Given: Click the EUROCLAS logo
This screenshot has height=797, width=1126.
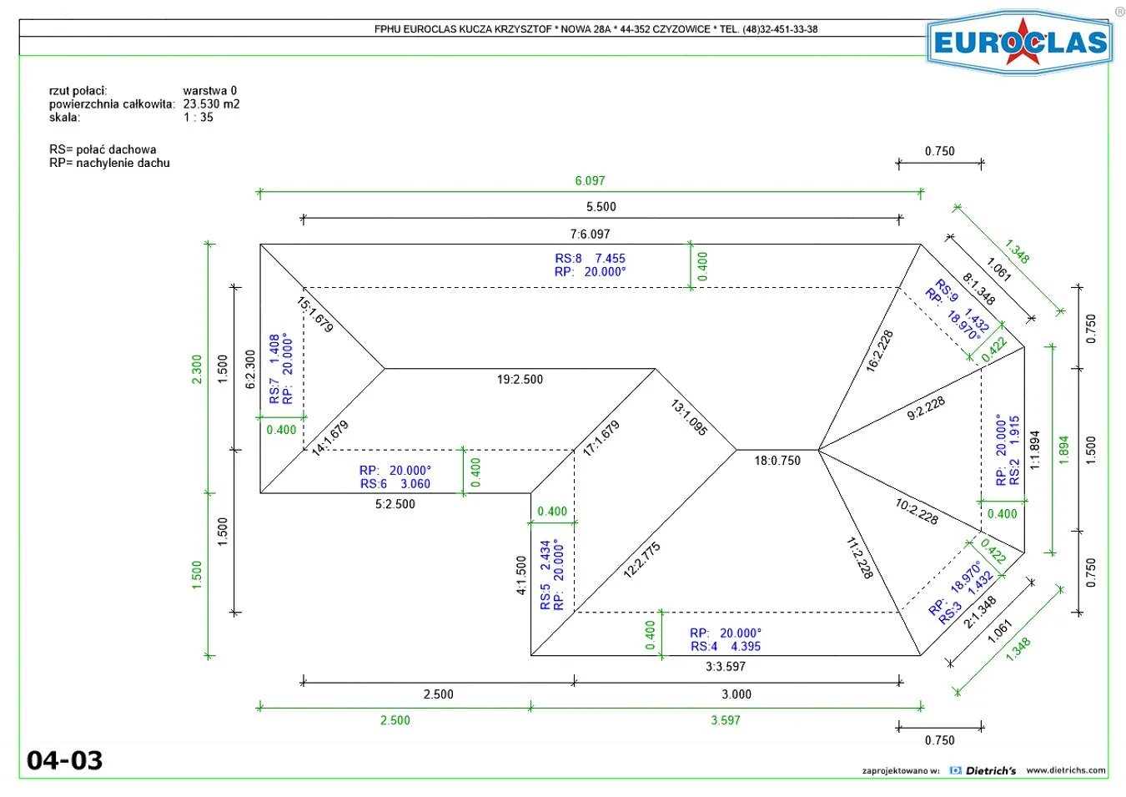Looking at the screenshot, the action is [x=1019, y=43].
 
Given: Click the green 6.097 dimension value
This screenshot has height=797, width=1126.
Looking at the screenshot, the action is [x=590, y=180].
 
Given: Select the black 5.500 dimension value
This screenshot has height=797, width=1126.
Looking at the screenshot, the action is [x=601, y=207].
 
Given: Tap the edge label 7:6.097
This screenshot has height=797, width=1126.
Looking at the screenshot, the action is [x=590, y=234].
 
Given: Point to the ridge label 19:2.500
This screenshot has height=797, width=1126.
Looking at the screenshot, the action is [x=520, y=379].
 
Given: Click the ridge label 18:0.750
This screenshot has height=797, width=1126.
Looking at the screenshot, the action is [x=777, y=460].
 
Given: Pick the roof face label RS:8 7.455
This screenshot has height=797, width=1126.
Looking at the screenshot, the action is [x=590, y=259].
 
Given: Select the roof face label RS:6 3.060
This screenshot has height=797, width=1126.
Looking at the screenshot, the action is [x=395, y=484].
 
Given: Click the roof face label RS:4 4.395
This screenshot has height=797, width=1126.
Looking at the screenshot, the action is [x=725, y=646].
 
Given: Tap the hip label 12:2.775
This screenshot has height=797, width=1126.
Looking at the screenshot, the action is [x=641, y=560].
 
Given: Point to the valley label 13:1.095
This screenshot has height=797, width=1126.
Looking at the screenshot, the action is [x=689, y=417].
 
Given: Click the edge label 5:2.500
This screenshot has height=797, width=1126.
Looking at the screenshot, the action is [x=395, y=504].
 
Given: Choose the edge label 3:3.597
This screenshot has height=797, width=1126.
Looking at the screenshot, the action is [x=726, y=666].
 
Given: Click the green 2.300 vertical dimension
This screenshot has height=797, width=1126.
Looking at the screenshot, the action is [x=197, y=369].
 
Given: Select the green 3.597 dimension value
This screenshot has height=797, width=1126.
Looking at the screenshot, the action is [x=726, y=720].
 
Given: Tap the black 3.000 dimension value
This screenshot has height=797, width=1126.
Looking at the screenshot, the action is [x=736, y=694].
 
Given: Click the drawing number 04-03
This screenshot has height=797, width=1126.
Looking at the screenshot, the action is [x=64, y=760].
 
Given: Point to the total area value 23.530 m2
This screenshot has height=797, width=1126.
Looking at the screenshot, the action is [x=211, y=104].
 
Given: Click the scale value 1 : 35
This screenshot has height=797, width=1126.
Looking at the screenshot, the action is [x=198, y=117].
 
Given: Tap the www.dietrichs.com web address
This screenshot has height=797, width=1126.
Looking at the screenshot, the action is [x=1066, y=769].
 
